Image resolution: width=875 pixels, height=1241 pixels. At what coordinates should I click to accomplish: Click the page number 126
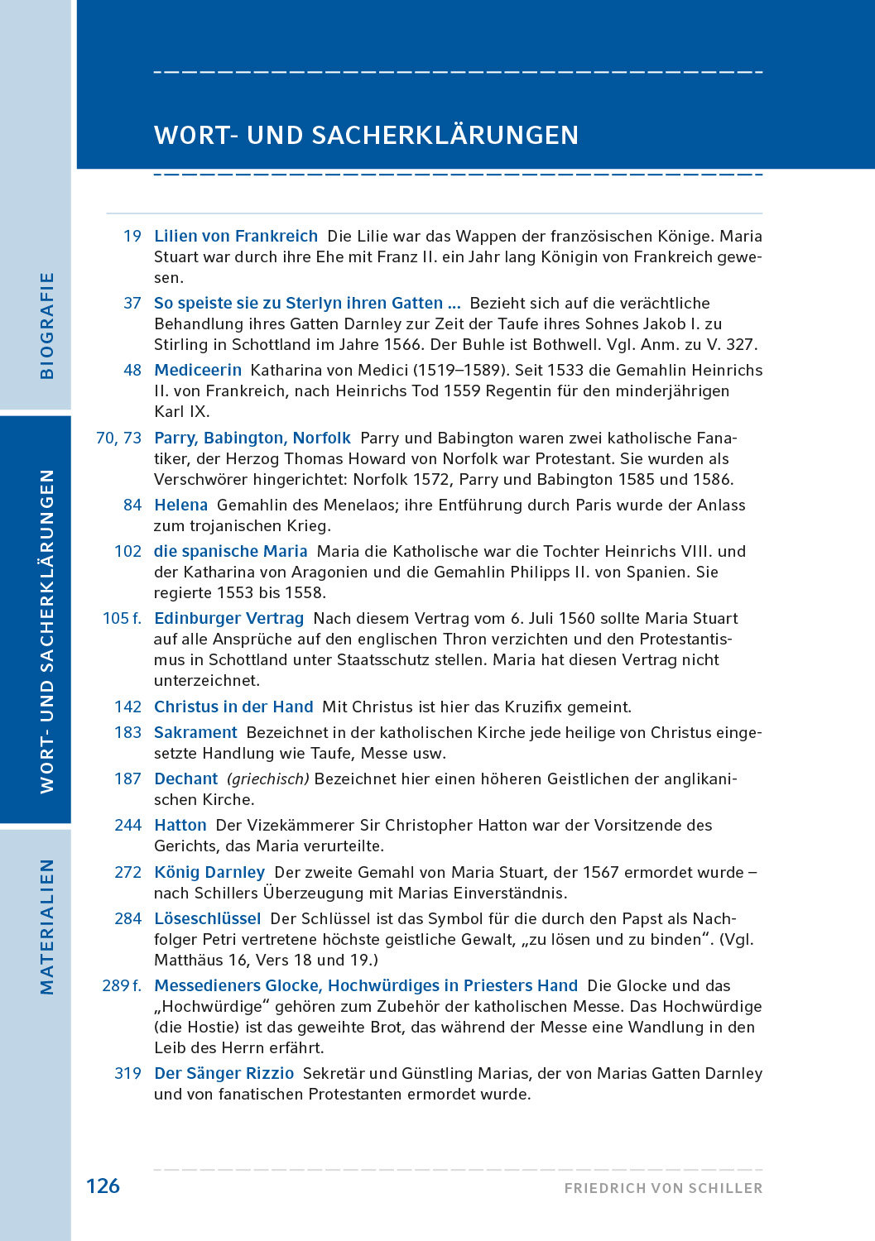(103, 1186)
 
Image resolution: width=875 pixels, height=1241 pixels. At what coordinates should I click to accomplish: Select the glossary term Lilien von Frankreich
(236, 237)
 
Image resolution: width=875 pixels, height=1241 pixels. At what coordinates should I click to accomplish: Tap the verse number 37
(132, 304)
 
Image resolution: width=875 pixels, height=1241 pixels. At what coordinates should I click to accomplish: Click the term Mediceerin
(198, 371)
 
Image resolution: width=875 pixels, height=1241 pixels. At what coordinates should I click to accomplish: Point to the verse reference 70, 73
(119, 438)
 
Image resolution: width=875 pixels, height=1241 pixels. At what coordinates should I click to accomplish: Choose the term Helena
(180, 506)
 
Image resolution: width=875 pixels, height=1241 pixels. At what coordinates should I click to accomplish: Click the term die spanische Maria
(230, 552)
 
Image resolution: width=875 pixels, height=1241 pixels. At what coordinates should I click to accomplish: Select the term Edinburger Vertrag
(229, 619)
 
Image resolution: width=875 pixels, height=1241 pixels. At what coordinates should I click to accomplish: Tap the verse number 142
(128, 707)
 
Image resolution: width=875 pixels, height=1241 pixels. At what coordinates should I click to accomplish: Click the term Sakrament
(195, 733)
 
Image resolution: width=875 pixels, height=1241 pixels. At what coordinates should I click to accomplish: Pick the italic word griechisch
(267, 779)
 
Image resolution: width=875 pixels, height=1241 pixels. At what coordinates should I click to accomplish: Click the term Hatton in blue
(180, 826)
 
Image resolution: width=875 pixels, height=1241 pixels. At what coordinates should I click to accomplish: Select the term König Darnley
(209, 873)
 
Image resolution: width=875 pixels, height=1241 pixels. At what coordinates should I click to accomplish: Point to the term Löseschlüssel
(208, 919)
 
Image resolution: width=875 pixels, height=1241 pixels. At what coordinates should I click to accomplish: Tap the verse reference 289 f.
(122, 986)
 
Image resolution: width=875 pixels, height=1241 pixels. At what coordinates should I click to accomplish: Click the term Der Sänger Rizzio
(224, 1074)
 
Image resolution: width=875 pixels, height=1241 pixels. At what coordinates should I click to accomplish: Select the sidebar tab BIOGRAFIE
(47, 325)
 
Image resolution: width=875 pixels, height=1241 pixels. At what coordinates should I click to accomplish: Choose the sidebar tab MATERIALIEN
(47, 927)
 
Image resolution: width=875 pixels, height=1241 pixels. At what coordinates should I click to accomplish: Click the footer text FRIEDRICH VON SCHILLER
(663, 1188)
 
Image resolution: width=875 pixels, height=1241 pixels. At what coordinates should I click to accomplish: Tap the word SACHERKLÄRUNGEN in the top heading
(445, 135)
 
